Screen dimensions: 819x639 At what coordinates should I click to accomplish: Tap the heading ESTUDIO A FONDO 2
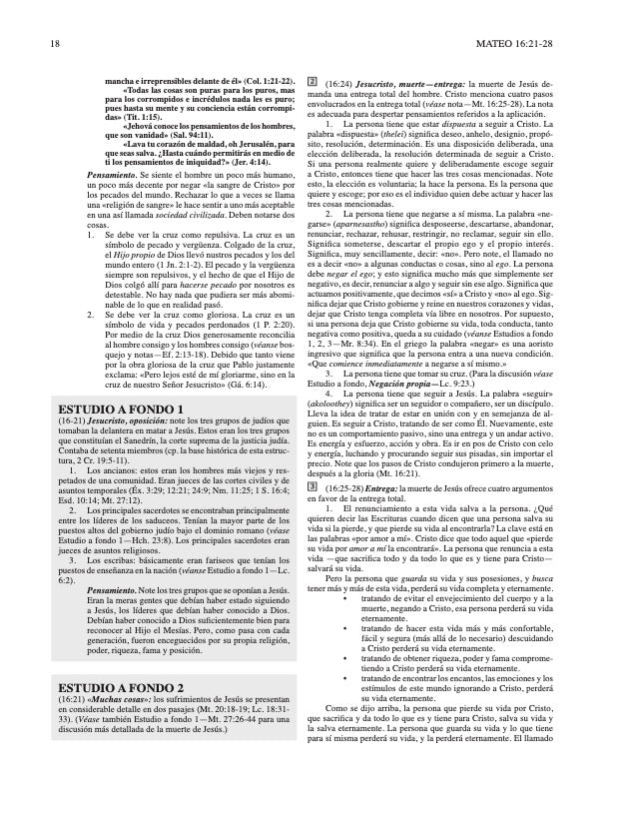pyautogui.click(x=121, y=715)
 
